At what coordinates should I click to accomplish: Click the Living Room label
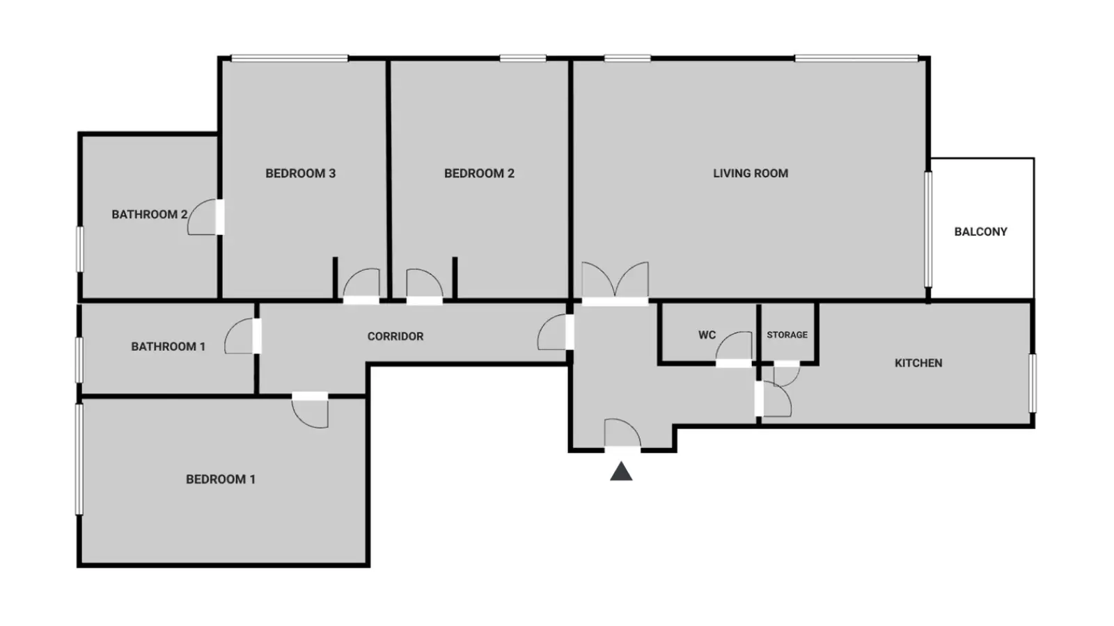[x=751, y=173]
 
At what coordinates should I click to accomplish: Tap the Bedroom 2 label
[x=479, y=173]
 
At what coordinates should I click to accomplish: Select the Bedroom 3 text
[x=300, y=173]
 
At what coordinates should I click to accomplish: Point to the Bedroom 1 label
[x=220, y=479]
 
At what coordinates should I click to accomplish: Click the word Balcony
[x=981, y=232]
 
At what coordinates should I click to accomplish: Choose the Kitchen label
[x=918, y=363]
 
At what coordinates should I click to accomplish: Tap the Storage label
[x=787, y=335]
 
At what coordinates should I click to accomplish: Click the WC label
[x=707, y=335]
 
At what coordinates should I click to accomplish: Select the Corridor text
[x=395, y=337]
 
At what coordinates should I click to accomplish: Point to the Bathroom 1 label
[x=168, y=347]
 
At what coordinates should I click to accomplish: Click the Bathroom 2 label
[x=149, y=215]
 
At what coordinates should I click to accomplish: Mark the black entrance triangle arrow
[x=621, y=472]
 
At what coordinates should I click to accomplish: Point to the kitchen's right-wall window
[x=1033, y=383]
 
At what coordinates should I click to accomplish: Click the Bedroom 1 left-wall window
[x=79, y=459]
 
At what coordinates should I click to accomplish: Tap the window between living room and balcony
[x=928, y=229]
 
